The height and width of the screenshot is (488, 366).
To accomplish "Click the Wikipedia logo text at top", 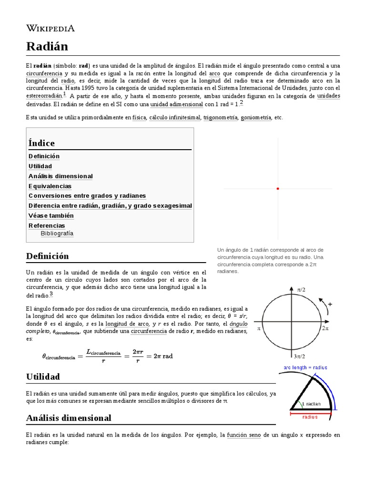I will point(50,28).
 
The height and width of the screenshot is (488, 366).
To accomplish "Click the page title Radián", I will point(47,46).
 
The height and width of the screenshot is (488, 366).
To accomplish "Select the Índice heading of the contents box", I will point(41,143).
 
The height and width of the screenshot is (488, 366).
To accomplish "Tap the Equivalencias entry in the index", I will point(50,186).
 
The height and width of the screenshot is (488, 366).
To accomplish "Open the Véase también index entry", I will point(51,215).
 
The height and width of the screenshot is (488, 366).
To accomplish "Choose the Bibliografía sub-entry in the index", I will point(57,234).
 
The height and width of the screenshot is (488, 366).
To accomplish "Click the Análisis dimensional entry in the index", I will point(61,176).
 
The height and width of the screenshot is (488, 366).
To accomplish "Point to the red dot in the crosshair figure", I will point(278,189).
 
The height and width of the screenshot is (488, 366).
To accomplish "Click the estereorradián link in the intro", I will point(44,96).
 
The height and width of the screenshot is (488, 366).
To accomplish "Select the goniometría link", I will point(255,117).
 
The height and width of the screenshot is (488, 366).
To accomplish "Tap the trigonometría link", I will point(220,117).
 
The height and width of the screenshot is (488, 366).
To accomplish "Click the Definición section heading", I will point(47,256).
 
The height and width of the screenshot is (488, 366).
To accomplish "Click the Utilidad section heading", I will point(43,377).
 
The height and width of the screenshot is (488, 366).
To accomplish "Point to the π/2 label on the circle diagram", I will point(301,289).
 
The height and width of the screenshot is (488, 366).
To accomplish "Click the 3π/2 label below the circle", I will point(299,356).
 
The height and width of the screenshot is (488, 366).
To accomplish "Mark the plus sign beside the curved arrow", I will point(330,304).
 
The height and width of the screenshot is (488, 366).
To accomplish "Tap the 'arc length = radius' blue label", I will point(305,367).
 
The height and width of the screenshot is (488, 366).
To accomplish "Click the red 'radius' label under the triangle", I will point(310,417).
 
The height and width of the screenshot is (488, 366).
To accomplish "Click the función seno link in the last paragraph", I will point(244,435).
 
